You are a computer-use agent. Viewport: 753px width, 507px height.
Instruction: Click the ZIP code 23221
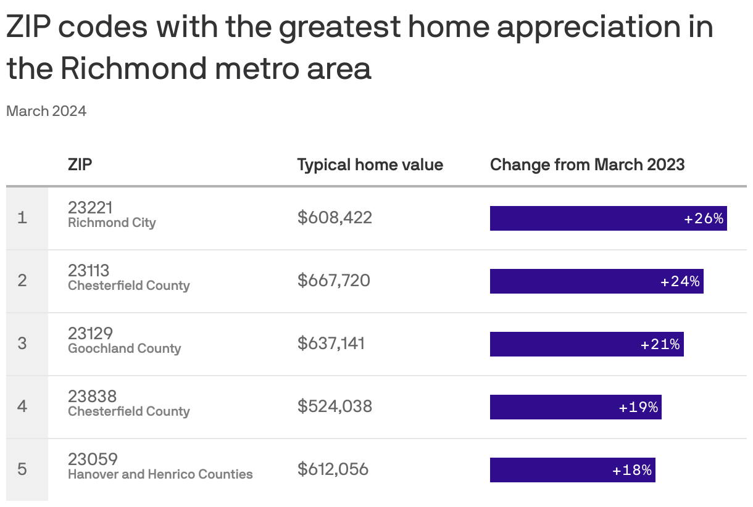pyautogui.click(x=90, y=207)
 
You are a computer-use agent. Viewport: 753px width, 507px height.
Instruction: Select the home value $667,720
pyautogui.click(x=334, y=281)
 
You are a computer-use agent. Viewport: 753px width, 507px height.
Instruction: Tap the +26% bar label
pyautogui.click(x=704, y=218)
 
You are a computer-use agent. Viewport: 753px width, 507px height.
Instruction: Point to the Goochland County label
pyautogui.click(x=124, y=348)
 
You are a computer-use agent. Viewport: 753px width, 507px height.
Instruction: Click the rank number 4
pyautogui.click(x=22, y=406)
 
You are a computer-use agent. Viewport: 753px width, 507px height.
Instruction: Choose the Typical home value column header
pyautogui.click(x=370, y=165)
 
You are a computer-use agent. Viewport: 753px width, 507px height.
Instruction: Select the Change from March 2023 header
pyautogui.click(x=587, y=165)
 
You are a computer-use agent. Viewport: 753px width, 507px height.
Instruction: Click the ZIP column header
pyautogui.click(x=80, y=165)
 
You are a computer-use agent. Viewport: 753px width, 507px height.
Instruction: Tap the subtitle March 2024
pyautogui.click(x=46, y=111)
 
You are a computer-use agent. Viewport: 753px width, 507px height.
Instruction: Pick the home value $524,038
pyautogui.click(x=335, y=406)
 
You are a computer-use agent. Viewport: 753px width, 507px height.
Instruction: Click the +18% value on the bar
pyautogui.click(x=631, y=470)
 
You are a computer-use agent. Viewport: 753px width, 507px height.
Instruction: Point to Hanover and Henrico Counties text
pyautogui.click(x=160, y=474)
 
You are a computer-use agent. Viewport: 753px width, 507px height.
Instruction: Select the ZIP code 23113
pyautogui.click(x=88, y=270)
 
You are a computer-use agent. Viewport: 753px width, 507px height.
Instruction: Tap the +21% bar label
pyautogui.click(x=660, y=344)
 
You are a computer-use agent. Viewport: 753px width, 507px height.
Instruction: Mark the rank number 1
pyautogui.click(x=22, y=218)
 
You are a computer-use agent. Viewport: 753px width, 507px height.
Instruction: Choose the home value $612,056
pyautogui.click(x=333, y=469)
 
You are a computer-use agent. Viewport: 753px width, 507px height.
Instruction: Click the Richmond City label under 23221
pyautogui.click(x=112, y=223)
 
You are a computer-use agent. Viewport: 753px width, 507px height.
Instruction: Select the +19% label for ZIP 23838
pyautogui.click(x=638, y=407)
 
